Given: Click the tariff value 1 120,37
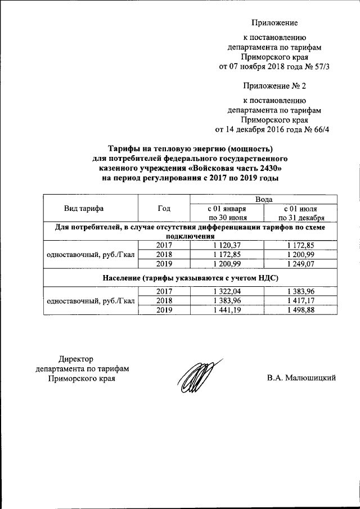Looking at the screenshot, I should [227, 245].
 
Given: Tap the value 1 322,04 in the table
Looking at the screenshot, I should [227, 290].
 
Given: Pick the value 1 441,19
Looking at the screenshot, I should [227, 309].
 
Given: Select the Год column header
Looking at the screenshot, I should [164, 208].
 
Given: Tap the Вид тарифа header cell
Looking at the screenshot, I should [91, 208].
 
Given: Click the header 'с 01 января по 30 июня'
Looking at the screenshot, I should [227, 213].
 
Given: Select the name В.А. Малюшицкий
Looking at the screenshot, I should [301, 377].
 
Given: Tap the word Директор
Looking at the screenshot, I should [76, 359].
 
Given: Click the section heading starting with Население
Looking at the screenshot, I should [191, 278].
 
